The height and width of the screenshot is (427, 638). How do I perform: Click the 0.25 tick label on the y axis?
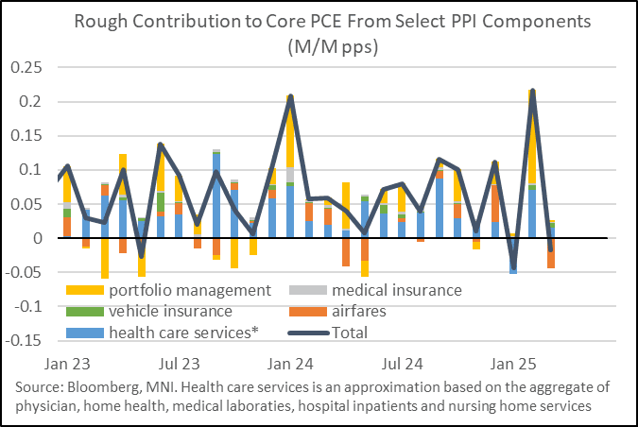32,67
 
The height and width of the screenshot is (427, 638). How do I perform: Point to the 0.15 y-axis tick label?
32,136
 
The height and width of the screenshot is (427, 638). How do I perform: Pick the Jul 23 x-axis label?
178,363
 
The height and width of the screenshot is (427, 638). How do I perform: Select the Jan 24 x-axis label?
290,363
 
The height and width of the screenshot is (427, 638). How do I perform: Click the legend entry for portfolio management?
190,290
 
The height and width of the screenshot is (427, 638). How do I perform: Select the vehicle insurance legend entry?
170,311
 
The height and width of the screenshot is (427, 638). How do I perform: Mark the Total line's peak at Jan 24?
290,96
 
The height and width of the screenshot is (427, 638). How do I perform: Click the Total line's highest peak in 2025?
533,92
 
